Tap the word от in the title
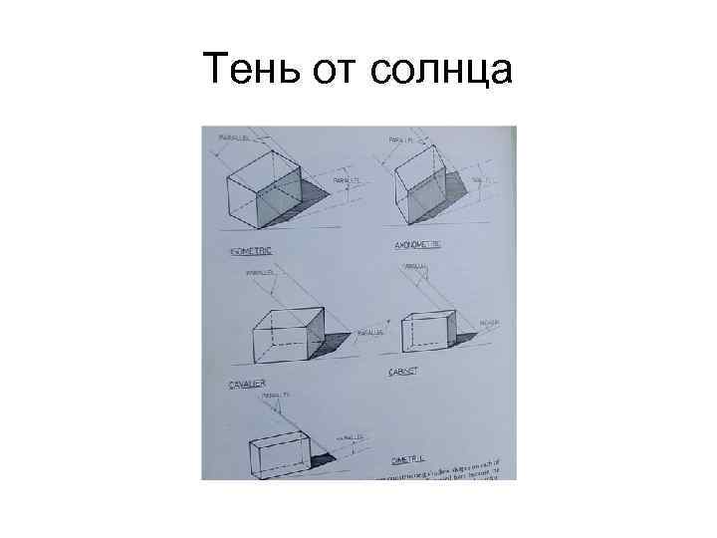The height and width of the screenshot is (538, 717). (336, 70)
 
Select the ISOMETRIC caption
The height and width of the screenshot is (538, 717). (251, 250)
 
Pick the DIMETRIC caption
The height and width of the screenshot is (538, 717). (408, 459)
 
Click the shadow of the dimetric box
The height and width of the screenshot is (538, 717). (323, 458)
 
